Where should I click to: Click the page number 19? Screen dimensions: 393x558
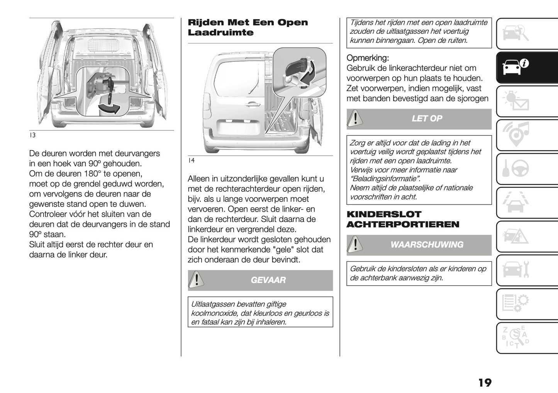[485, 383]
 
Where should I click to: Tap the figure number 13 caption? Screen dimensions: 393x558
[32, 136]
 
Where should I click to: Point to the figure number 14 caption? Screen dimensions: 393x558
[191, 160]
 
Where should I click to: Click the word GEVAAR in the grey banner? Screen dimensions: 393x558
[268, 280]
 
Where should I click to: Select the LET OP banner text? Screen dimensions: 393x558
[427, 119]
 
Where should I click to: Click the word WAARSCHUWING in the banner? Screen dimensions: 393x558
[427, 245]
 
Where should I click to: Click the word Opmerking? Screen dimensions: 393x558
[368, 58]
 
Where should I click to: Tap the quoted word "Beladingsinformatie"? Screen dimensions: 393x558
[385, 179]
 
